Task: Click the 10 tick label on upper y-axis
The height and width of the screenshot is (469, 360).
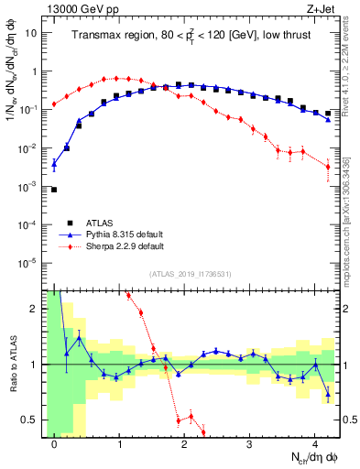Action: coord(31,33)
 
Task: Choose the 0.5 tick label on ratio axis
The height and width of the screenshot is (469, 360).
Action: coord(29,420)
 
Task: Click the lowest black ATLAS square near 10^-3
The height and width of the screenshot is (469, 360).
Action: coord(54,190)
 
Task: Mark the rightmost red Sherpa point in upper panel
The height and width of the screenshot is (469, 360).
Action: coord(328,167)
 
